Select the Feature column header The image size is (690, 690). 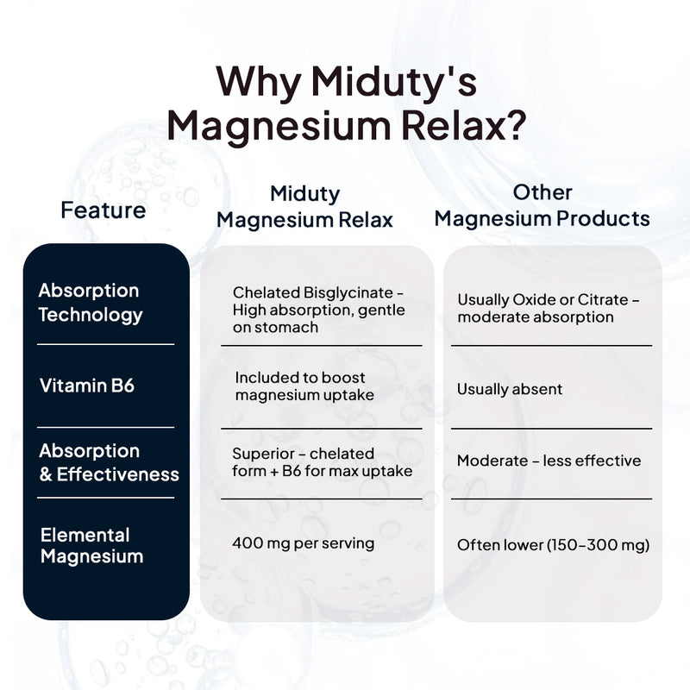tap(103, 210)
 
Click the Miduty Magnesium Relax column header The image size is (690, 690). tap(304, 207)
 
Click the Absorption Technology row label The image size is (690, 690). tap(89, 303)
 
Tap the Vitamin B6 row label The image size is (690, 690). tap(87, 386)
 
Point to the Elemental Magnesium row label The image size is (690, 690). tap(91, 545)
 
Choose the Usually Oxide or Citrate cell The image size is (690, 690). tap(548, 308)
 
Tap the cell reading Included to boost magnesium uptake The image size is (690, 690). tap(304, 386)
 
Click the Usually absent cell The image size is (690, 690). tap(510, 389)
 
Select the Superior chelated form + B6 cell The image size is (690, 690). tap(322, 462)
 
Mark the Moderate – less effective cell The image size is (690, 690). tap(549, 461)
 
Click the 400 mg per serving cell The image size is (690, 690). tap(303, 543)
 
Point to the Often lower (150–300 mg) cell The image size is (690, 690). tap(553, 544)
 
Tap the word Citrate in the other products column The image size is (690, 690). tap(605, 299)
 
